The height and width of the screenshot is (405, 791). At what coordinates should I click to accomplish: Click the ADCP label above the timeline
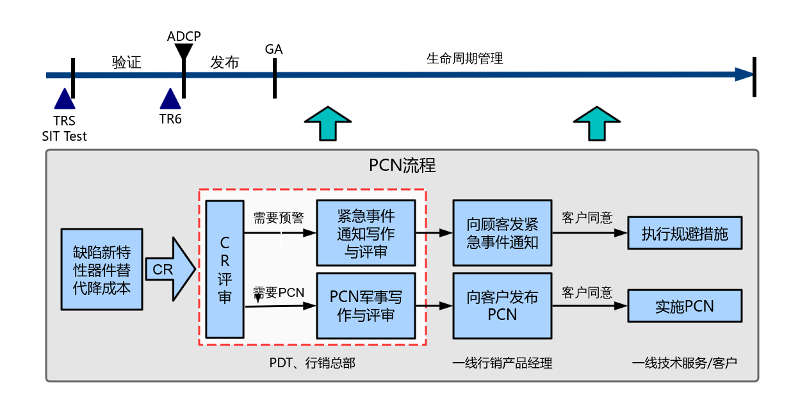click(184, 36)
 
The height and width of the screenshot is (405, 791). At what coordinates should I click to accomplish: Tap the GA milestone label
click(273, 50)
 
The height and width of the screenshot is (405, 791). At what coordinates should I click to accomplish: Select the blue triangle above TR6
click(170, 99)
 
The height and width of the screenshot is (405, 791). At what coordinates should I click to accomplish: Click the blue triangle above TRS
click(64, 99)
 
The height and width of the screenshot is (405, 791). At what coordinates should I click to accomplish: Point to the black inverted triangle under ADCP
click(184, 51)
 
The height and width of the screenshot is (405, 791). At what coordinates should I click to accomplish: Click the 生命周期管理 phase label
click(464, 59)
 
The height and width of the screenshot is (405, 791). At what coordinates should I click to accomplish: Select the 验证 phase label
click(126, 63)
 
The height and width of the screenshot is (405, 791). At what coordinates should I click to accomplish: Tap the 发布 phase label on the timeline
click(224, 63)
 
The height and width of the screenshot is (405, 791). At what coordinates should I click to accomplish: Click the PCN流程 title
click(402, 166)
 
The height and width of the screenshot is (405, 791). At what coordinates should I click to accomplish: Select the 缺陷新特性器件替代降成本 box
click(102, 269)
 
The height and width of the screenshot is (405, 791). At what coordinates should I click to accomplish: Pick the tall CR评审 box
click(225, 269)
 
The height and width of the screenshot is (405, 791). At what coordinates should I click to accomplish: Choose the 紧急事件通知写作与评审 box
click(366, 233)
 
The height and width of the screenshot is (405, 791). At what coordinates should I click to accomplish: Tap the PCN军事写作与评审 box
click(366, 306)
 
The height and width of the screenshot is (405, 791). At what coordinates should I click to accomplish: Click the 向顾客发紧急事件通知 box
click(502, 233)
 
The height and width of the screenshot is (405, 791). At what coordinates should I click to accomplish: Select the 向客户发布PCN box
click(502, 306)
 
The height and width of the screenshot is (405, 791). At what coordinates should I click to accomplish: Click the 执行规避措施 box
click(685, 234)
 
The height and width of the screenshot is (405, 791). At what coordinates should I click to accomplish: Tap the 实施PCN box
click(685, 306)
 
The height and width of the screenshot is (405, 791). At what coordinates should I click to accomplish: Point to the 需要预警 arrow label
click(279, 218)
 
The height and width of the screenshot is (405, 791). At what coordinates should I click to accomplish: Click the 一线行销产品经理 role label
click(502, 363)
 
